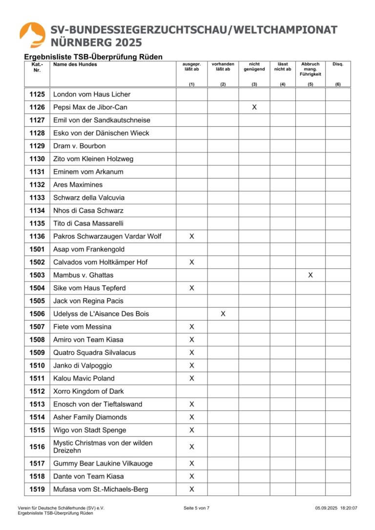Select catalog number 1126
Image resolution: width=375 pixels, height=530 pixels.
pyautogui.click(x=37, y=107)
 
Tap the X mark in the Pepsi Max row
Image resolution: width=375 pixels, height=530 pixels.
pyautogui.click(x=254, y=107)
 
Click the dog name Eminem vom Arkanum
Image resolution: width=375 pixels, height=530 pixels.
pyautogui.click(x=88, y=172)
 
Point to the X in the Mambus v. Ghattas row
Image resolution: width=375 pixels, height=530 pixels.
pyautogui.click(x=311, y=275)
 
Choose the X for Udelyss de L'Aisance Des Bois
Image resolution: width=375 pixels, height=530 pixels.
pyautogui.click(x=223, y=314)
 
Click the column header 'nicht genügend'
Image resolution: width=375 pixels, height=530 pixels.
pyautogui.click(x=254, y=67)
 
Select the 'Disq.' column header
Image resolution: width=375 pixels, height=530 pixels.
pyautogui.click(x=338, y=64)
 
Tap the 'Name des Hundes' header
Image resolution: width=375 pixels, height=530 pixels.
pyautogui.click(x=75, y=64)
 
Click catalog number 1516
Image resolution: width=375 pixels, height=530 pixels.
pyautogui.click(x=37, y=447)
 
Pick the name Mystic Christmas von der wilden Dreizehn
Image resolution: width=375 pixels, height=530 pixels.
pyautogui.click(x=103, y=447)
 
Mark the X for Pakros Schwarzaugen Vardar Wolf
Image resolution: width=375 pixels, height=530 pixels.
pyautogui.click(x=192, y=236)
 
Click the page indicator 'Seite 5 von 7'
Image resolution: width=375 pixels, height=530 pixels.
pyautogui.click(x=196, y=508)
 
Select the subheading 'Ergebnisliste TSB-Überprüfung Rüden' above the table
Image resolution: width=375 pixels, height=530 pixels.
pyautogui.click(x=93, y=57)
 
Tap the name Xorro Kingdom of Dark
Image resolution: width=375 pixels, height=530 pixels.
pyautogui.click(x=88, y=391)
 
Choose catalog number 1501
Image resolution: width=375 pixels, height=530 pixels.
pyautogui.click(x=37, y=249)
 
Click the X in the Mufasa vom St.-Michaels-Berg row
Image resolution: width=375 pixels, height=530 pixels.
pyautogui.click(x=192, y=489)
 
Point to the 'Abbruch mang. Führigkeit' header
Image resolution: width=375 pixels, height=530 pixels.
pyautogui.click(x=311, y=69)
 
